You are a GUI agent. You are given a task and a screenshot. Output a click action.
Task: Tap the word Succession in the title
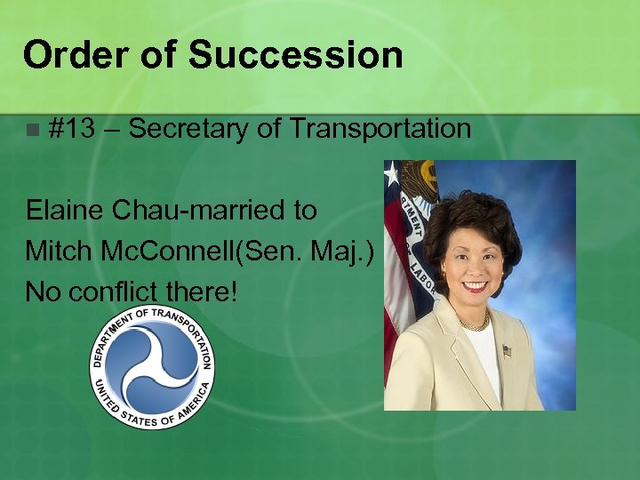[x=295, y=55]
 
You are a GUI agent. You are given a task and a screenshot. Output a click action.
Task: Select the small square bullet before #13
[x=32, y=130]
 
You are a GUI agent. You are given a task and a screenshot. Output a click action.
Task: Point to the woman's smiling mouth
[x=475, y=286]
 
